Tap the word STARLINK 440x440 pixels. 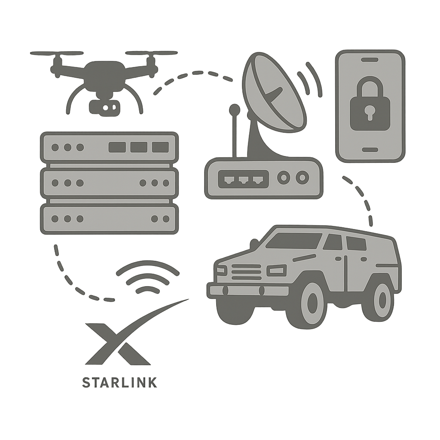point(119,382)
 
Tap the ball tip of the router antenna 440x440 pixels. point(234,110)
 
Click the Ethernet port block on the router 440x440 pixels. point(244,179)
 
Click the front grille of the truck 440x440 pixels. point(246,272)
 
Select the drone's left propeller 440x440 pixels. point(56,53)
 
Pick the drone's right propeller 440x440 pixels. point(151,53)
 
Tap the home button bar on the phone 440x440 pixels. point(370,150)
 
